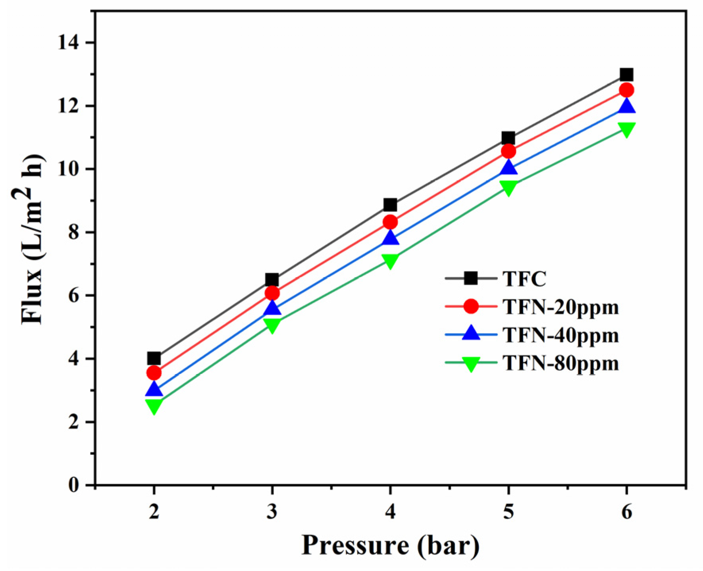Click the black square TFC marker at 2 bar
click(154, 359)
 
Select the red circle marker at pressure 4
click(390, 222)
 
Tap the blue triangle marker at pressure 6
click(626, 107)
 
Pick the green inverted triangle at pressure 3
click(272, 325)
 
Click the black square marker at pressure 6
click(626, 75)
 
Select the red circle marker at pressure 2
click(154, 373)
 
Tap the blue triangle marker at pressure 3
click(272, 308)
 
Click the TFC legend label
click(524, 279)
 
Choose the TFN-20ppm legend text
click(560, 307)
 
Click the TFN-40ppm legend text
click(560, 335)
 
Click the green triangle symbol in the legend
click(471, 363)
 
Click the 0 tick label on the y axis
click(74, 485)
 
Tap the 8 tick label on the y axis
click(74, 232)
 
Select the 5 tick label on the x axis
click(508, 511)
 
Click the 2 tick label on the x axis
click(154, 511)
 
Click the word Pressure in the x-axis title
click(355, 546)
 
